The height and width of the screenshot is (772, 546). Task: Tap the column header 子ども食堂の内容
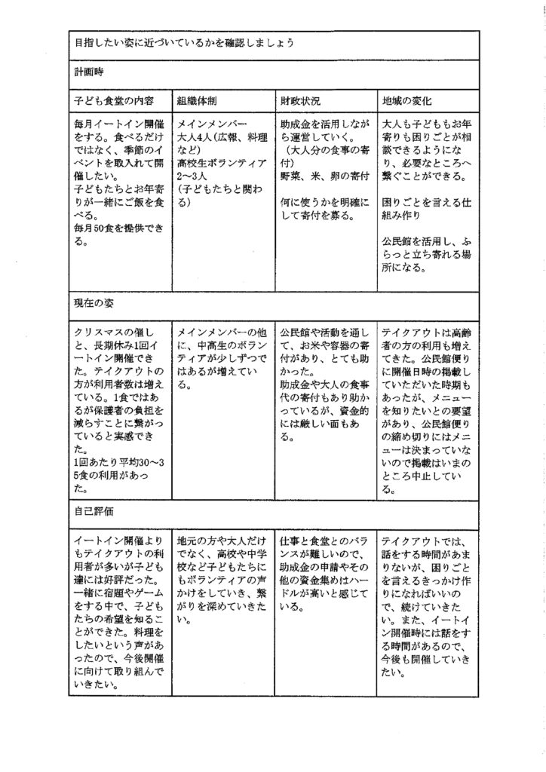pyautogui.click(x=113, y=100)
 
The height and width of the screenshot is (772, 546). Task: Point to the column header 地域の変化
pyautogui.click(x=407, y=100)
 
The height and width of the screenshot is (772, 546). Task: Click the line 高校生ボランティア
pyautogui.click(x=220, y=162)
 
